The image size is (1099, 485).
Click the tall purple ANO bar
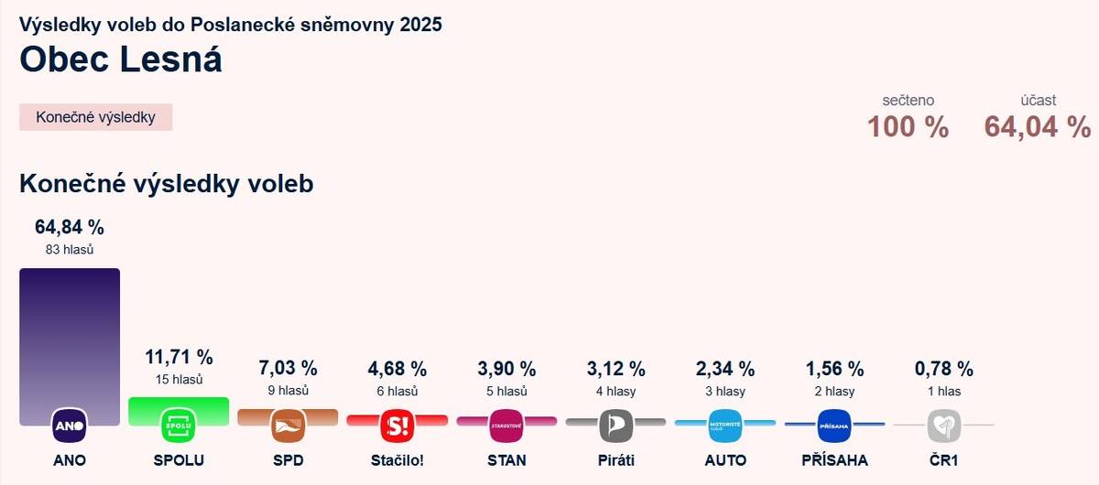pyautogui.click(x=70, y=339)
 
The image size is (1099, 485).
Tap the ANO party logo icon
pyautogui.click(x=70, y=426)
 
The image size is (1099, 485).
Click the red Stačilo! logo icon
pyautogui.click(x=397, y=426)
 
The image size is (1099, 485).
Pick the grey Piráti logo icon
pyautogui.click(x=615, y=426)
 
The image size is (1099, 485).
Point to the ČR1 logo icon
pyautogui.click(x=943, y=426)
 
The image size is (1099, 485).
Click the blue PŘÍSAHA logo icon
pyautogui.click(x=834, y=426)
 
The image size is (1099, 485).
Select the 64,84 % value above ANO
pyautogui.click(x=70, y=227)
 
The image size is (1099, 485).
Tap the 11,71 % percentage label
pyautogui.click(x=179, y=357)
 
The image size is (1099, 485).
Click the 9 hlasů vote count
pyautogui.click(x=288, y=391)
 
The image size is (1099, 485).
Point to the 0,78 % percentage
pyautogui.click(x=943, y=369)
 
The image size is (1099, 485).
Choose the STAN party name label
pyautogui.click(x=506, y=459)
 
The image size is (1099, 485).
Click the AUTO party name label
pyautogui.click(x=725, y=459)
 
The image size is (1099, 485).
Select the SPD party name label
pyautogui.click(x=288, y=459)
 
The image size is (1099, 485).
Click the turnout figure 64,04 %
pyautogui.click(x=1037, y=127)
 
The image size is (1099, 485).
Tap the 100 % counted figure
pyautogui.click(x=908, y=127)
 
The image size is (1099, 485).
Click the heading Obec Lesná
pyautogui.click(x=121, y=59)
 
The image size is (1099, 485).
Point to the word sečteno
pyautogui.click(x=908, y=101)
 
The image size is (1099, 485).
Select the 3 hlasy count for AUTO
pyautogui.click(x=725, y=391)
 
